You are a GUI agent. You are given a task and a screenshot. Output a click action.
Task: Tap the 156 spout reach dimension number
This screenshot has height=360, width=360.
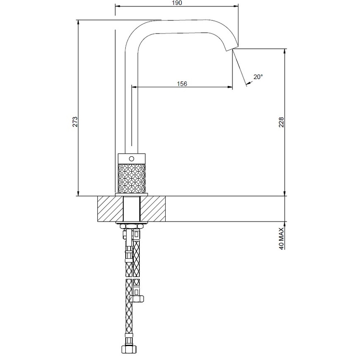click(x=182, y=83)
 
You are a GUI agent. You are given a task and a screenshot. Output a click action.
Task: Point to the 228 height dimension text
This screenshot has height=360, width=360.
click(x=281, y=122)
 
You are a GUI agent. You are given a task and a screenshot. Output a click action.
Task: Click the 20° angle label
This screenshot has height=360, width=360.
click(x=258, y=77)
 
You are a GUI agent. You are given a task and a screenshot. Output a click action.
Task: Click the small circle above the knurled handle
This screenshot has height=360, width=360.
click(x=131, y=158)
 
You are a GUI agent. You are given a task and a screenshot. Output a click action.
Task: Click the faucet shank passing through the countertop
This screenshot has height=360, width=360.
click(x=131, y=209)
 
